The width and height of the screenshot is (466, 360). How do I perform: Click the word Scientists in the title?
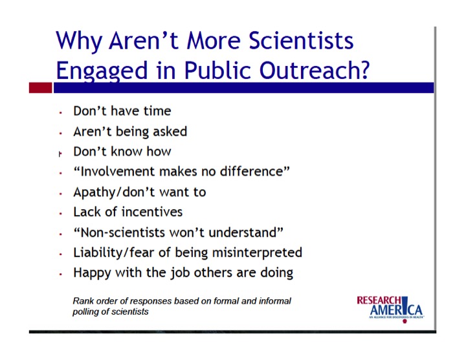coord(302,40)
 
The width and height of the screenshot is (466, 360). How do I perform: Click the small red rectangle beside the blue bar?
coord(40,87)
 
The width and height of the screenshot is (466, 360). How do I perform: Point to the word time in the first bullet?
coord(157,111)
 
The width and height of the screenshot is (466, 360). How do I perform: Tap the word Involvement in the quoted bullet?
coord(118,172)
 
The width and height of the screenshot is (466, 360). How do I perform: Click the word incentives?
coord(152,212)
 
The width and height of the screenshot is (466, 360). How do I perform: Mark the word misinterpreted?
coord(257,253)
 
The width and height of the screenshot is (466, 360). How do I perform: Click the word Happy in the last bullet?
coord(92,273)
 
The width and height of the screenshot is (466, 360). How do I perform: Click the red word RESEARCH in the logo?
coord(379,300)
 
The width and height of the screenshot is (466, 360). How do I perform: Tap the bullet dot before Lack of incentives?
coord(61,214)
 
